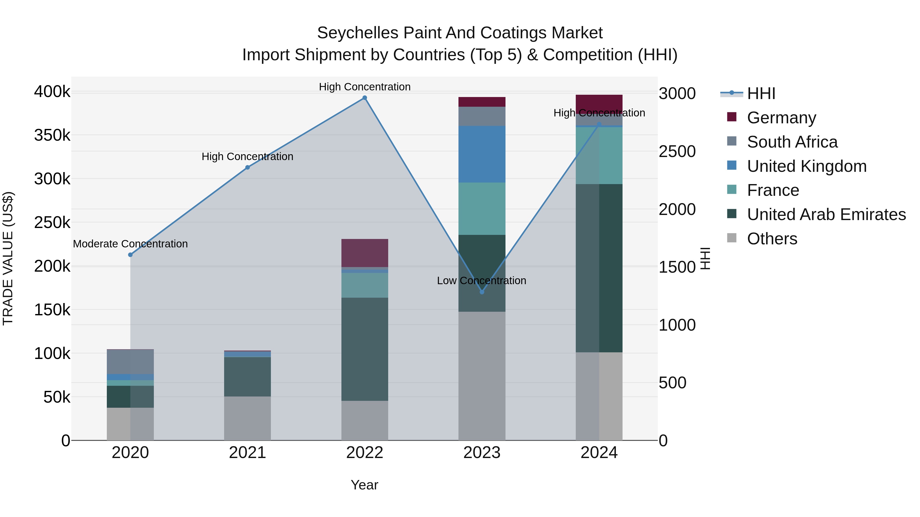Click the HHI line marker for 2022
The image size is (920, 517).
365,98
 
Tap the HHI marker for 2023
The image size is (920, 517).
482,292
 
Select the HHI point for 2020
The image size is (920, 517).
130,255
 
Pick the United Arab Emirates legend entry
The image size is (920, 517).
826,214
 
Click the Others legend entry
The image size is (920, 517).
772,239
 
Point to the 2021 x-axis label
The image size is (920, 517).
247,453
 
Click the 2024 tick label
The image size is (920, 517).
599,453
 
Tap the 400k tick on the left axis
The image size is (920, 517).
52,92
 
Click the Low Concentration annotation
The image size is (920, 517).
481,281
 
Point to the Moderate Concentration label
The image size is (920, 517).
130,244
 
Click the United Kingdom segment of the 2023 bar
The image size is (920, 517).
482,154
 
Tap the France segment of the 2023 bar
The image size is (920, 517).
482,209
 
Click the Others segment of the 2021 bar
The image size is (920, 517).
247,418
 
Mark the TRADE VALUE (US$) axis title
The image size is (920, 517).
8,258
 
